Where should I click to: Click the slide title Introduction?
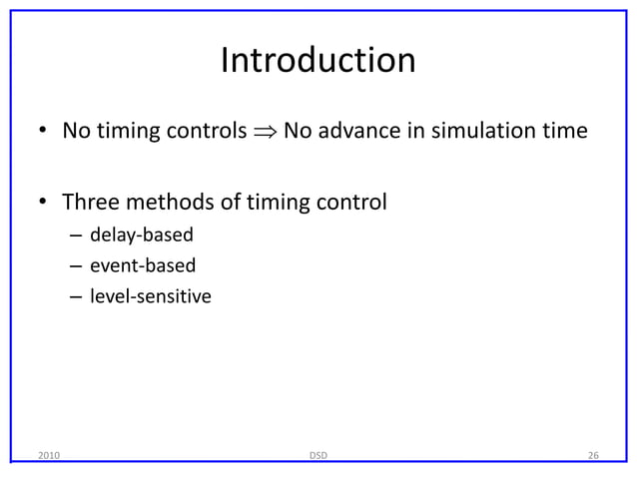click(318, 61)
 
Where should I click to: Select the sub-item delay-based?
click(141, 237)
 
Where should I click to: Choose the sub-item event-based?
click(143, 266)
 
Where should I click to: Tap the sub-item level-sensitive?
click(150, 296)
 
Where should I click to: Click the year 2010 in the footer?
click(47, 456)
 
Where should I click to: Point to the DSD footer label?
click(318, 456)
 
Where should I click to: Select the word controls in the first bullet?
click(204, 132)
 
